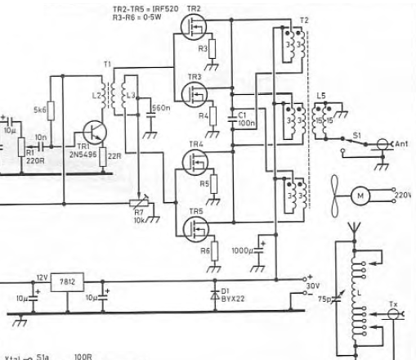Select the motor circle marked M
(x=360, y=196)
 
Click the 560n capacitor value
(x=162, y=108)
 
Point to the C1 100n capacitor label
(x=244, y=119)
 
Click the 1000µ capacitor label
(x=242, y=250)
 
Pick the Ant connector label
(x=400, y=143)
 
